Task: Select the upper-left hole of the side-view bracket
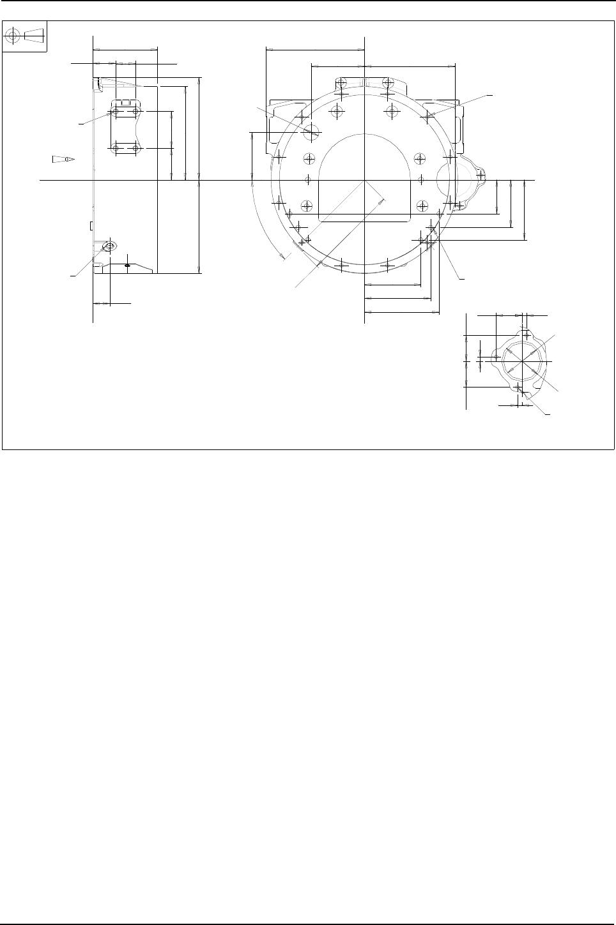coord(116,112)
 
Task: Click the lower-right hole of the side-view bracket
coord(135,148)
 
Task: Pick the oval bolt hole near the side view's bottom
coord(110,246)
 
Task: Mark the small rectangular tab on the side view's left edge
coord(91,225)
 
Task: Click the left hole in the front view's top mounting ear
coord(341,83)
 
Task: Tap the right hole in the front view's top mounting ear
coord(387,83)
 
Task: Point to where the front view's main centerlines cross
coord(364,180)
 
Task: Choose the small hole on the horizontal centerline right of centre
coord(421,179)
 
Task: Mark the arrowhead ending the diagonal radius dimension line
coord(381,200)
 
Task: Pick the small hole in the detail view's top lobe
coord(525,335)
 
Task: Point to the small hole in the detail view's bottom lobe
coord(519,387)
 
